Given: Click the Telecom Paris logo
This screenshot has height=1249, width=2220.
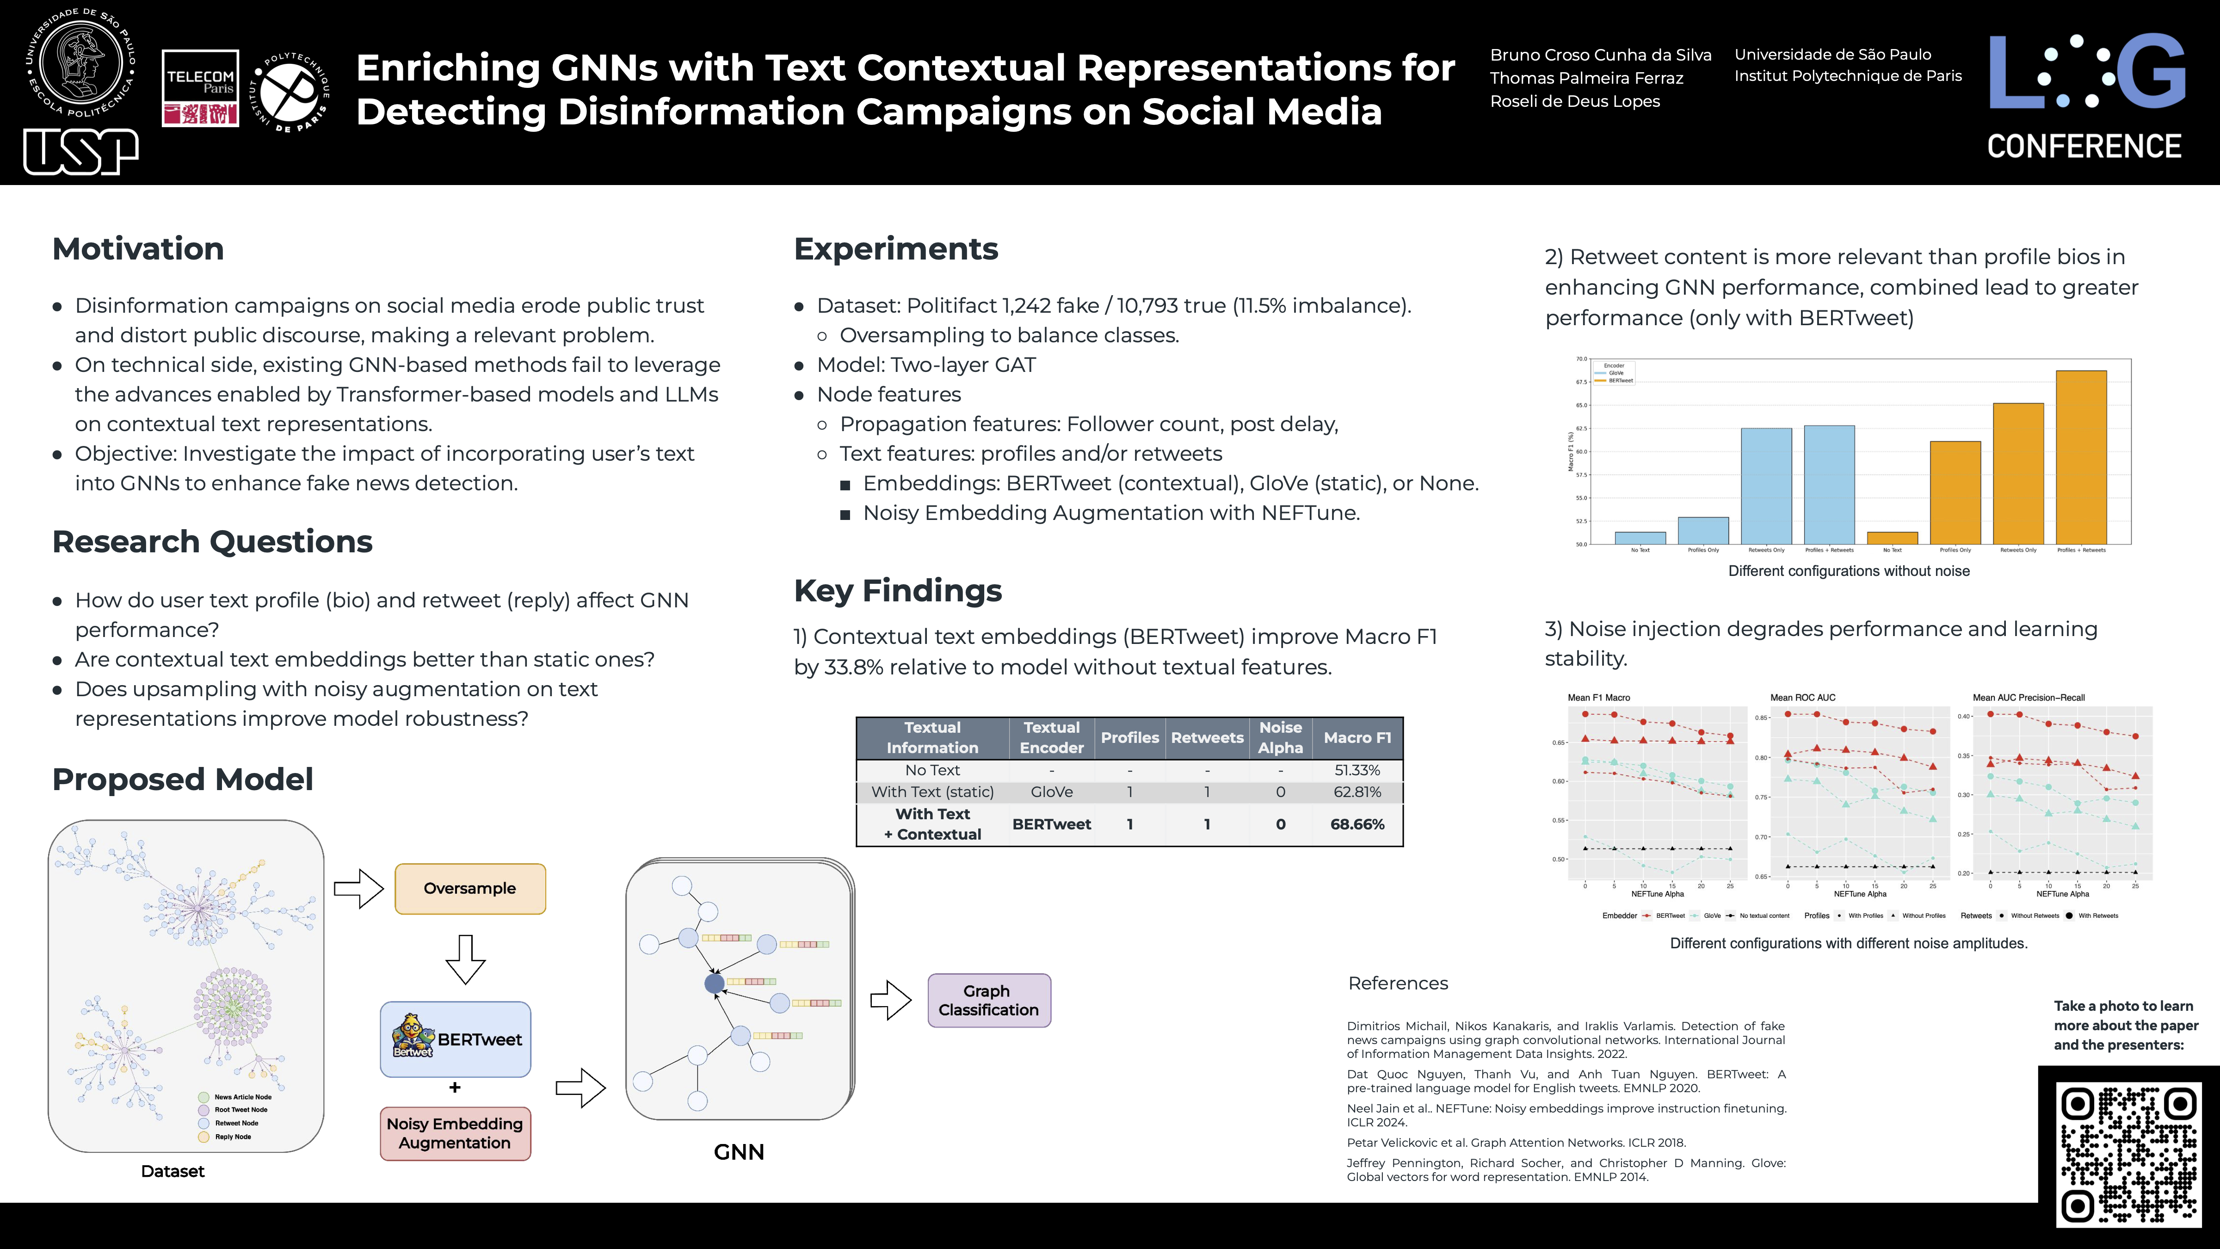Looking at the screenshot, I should coord(200,89).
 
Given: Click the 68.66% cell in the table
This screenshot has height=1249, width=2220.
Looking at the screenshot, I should coord(1357,824).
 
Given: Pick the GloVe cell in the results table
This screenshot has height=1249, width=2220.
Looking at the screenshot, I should coord(1051,792).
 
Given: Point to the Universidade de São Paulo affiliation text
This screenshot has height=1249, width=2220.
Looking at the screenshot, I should coord(1832,54).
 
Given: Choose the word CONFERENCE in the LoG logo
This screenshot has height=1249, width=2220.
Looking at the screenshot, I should coord(2084,147).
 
